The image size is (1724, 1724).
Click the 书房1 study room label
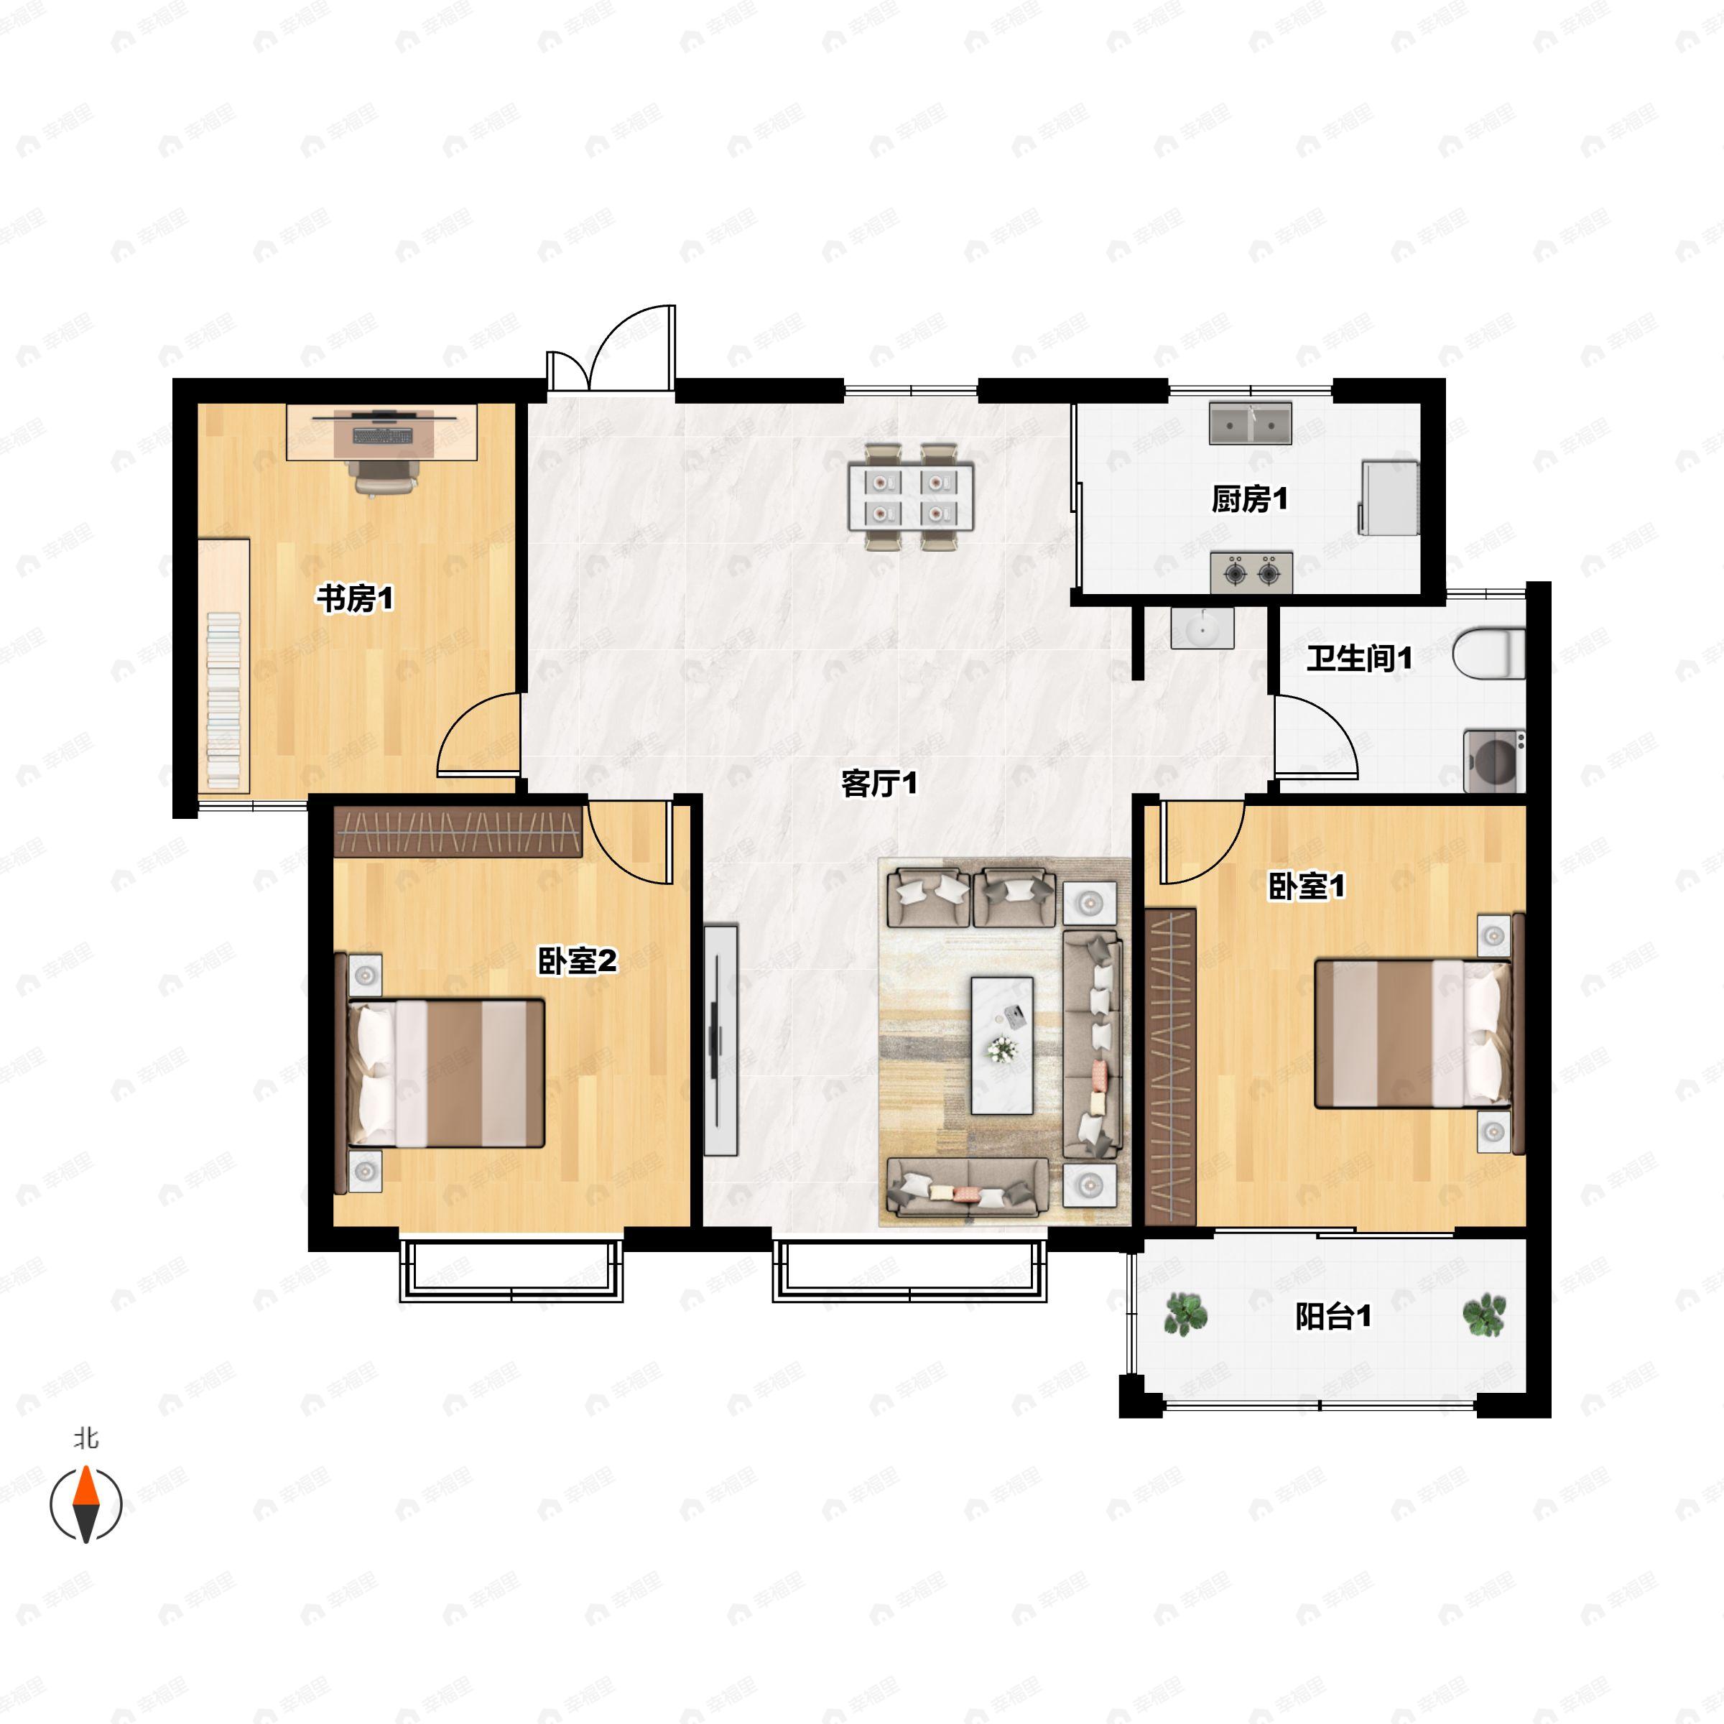pos(355,599)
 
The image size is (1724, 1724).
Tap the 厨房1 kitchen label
pos(1249,500)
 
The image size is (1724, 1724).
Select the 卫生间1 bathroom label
pos(1359,659)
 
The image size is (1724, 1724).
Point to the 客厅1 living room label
pos(879,784)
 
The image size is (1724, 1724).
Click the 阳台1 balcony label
pos(1333,1317)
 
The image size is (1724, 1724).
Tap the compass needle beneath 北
pos(85,1504)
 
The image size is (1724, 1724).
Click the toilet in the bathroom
pos(1488,653)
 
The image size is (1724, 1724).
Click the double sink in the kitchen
pos(1250,424)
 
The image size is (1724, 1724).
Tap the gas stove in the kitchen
pos(1251,572)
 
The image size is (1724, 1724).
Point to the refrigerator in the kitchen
pos(1389,498)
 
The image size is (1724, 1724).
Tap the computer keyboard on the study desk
pos(383,435)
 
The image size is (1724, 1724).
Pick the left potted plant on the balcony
pos(1185,1315)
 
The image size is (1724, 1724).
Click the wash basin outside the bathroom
pos(1202,629)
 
